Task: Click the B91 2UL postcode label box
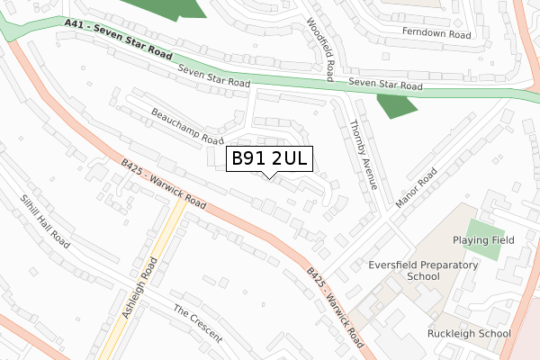click(269, 158)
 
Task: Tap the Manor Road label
click(414, 190)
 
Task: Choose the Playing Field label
click(483, 240)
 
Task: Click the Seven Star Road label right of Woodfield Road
click(385, 85)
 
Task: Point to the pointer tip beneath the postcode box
click(269, 176)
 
